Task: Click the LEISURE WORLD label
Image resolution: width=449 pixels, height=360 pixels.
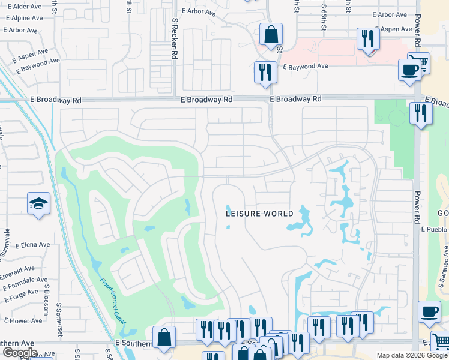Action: point(259,214)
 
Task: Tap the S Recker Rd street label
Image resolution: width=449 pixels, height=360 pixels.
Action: point(175,37)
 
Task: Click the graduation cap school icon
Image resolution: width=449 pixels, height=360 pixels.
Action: point(38,204)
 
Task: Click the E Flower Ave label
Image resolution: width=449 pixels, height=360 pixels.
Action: point(21,321)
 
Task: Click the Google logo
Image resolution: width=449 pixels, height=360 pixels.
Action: point(20,353)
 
